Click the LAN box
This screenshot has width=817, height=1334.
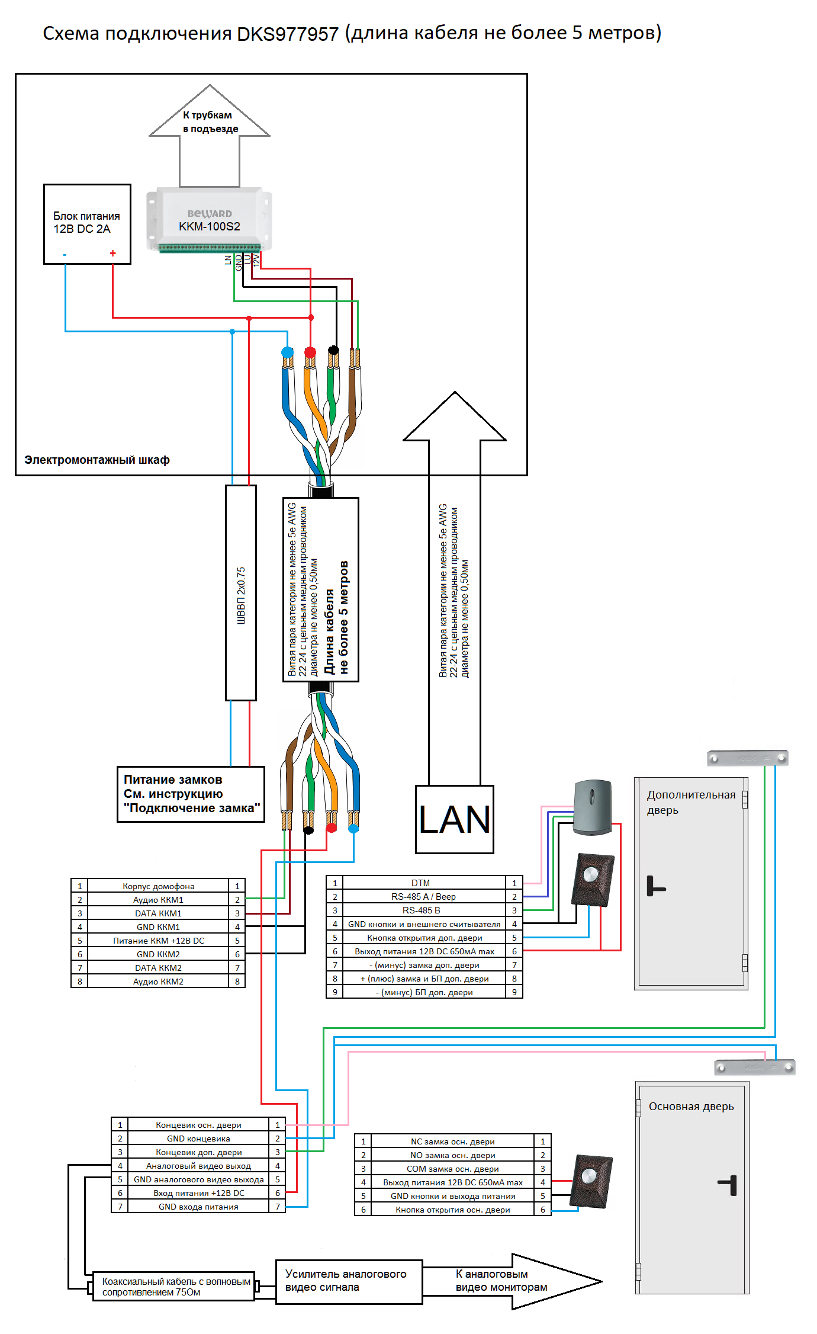pos(454,819)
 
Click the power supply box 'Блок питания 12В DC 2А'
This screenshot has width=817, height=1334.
pos(87,223)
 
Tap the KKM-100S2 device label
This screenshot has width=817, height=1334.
pos(210,226)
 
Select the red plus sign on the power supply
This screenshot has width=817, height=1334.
pos(112,254)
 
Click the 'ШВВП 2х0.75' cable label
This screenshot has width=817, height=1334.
pos(241,595)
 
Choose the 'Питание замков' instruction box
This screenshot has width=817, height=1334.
pos(191,794)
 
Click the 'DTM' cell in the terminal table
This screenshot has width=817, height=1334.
pos(421,883)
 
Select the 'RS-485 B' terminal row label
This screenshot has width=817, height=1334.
pos(421,910)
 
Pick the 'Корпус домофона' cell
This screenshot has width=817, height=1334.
pos(158,886)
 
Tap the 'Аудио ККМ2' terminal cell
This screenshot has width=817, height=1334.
pos(158,982)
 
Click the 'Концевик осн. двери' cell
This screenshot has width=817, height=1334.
pos(198,1125)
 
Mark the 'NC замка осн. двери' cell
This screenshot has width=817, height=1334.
pos(452,1141)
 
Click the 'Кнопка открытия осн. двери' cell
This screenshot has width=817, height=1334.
pos(452,1210)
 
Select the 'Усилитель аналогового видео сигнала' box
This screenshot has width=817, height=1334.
pos(349,1281)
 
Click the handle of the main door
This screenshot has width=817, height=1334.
pos(729,1185)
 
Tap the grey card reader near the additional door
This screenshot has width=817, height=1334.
pos(592,807)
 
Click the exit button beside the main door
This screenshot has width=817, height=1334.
pos(591,1181)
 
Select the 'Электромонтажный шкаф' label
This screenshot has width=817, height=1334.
pos(97,460)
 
